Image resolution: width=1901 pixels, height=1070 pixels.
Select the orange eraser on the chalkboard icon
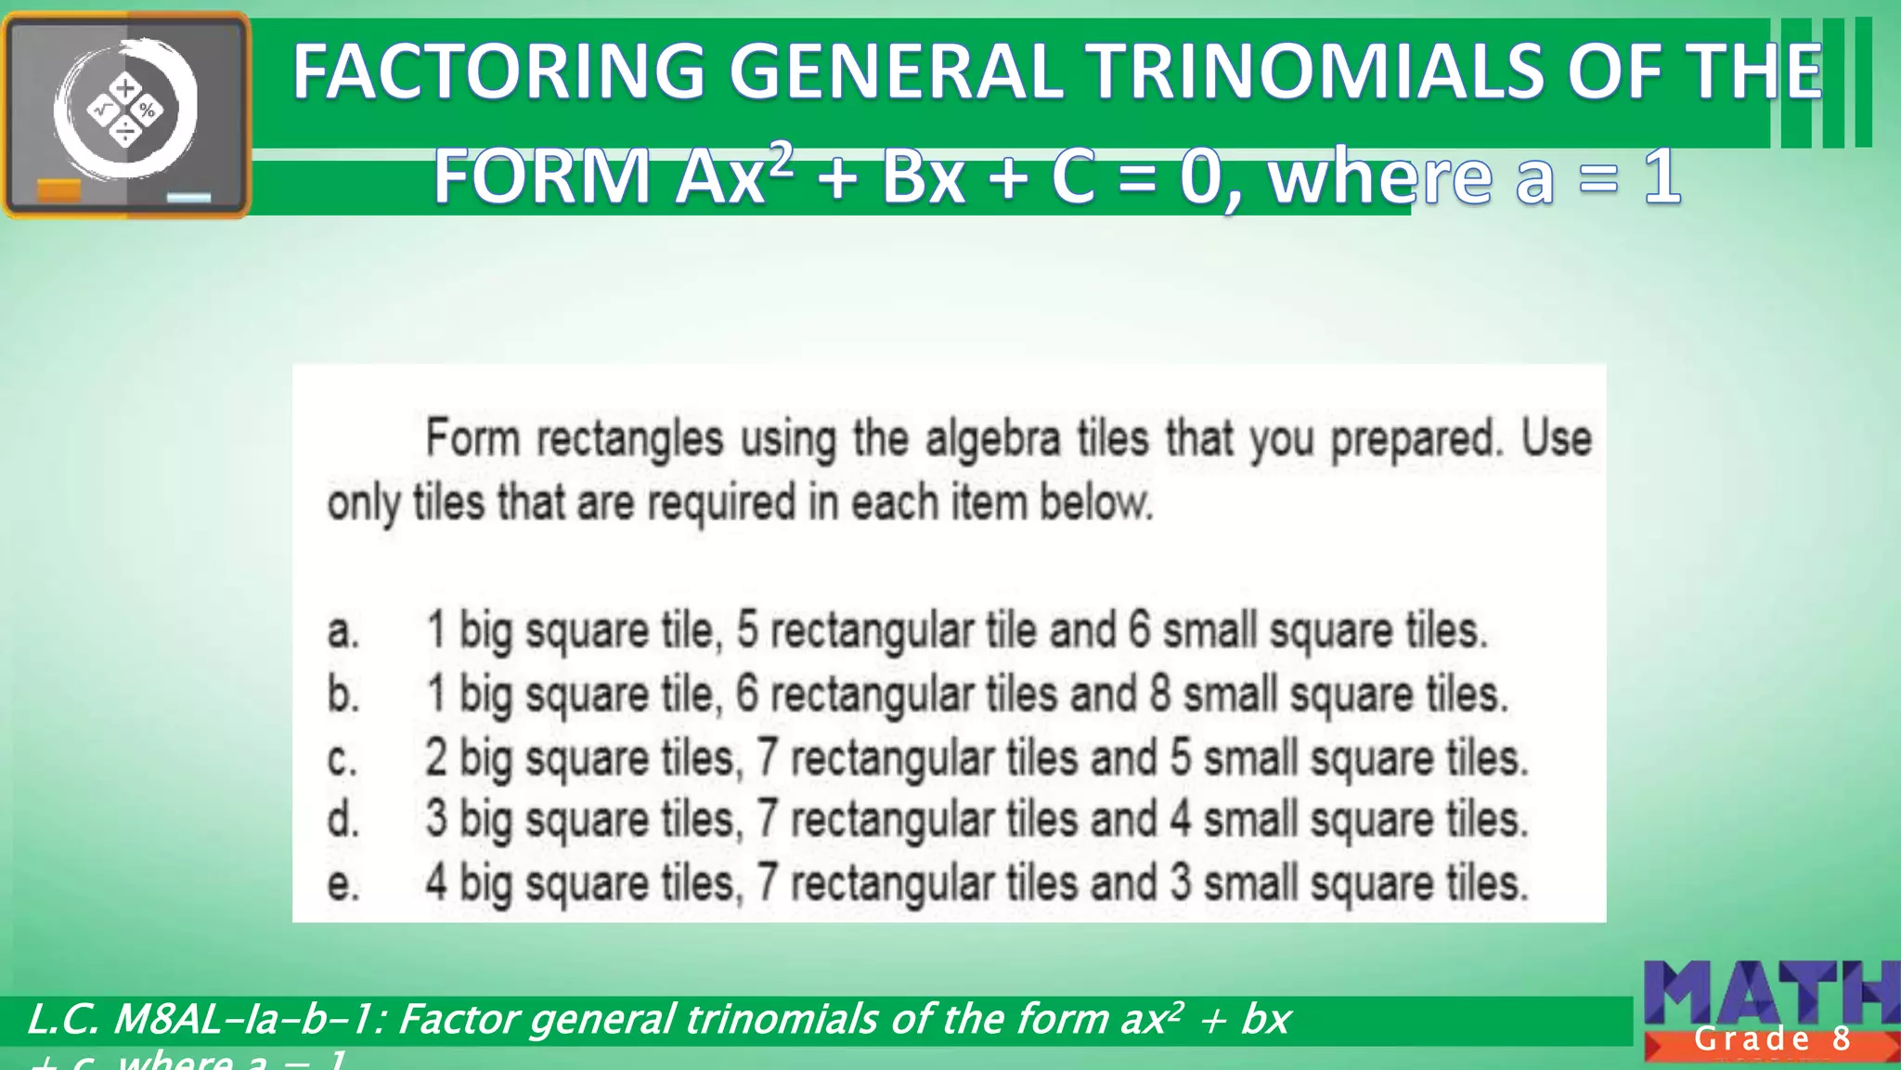pyautogui.click(x=59, y=190)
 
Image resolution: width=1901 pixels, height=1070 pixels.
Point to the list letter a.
pyautogui.click(x=343, y=632)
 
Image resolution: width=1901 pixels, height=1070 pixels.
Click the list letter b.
pyautogui.click(x=343, y=694)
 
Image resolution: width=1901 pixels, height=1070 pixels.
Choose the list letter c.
pyautogui.click(x=342, y=760)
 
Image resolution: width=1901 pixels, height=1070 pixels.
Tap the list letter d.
pyautogui.click(x=343, y=819)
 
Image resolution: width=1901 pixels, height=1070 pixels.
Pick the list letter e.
pyautogui.click(x=343, y=883)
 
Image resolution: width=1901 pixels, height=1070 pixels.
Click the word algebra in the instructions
pyautogui.click(x=992, y=438)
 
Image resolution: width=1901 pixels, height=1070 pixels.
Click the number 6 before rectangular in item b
pyautogui.click(x=747, y=694)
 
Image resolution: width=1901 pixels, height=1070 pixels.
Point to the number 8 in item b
pyautogui.click(x=1159, y=694)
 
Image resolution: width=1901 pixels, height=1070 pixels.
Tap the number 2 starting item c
pyautogui.click(x=436, y=757)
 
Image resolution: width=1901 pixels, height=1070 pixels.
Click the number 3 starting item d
pyautogui.click(x=436, y=819)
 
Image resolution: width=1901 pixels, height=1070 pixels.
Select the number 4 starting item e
pyautogui.click(x=436, y=882)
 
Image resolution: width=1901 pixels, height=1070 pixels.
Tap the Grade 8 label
pyautogui.click(x=1772, y=1039)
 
